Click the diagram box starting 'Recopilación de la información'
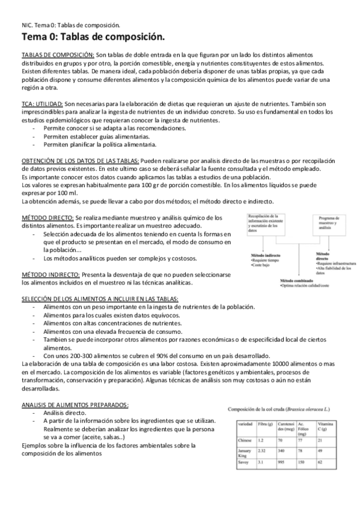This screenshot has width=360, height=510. click(x=263, y=223)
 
